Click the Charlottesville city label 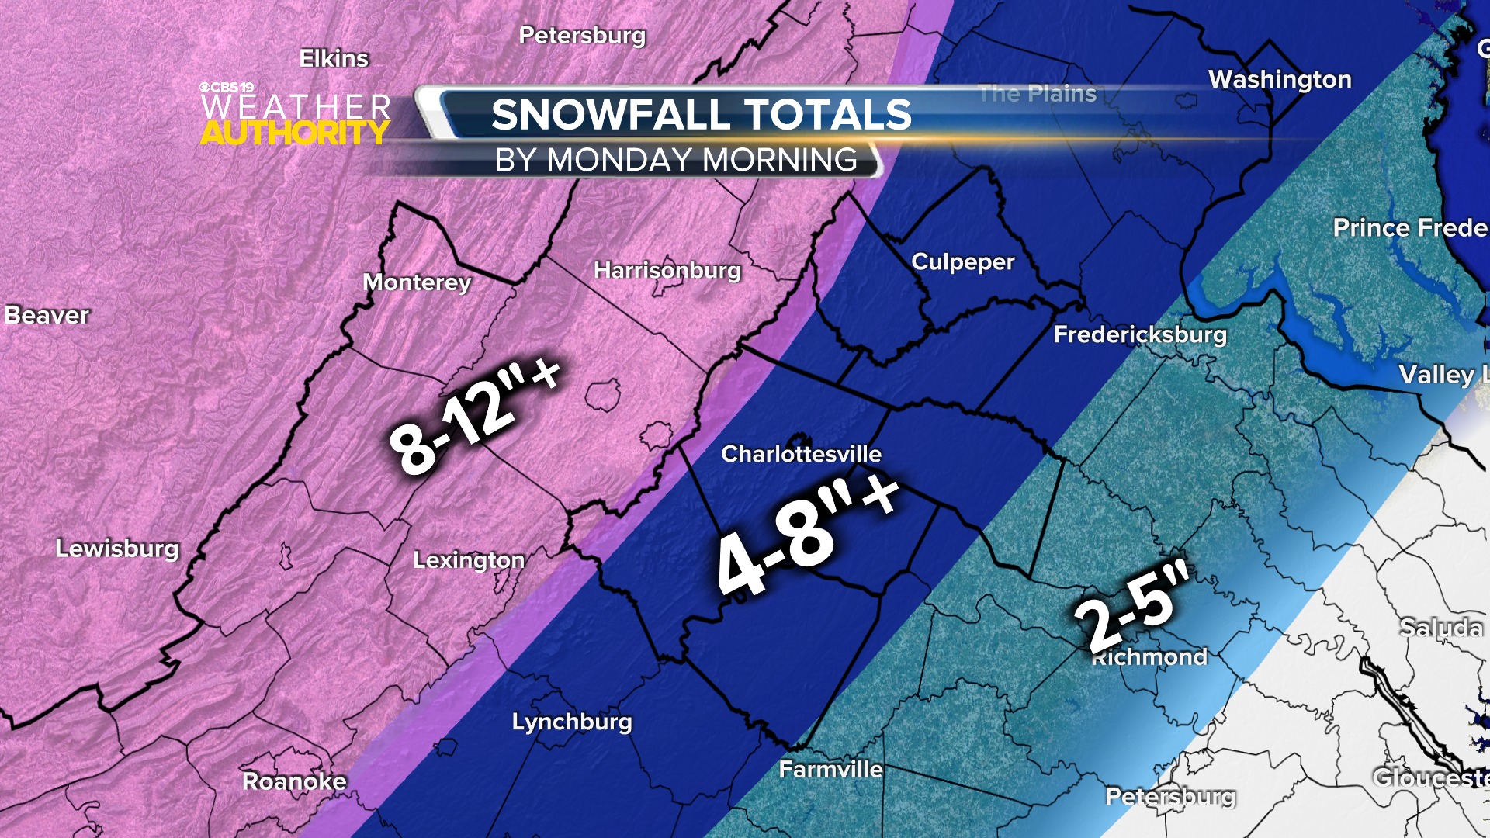point(801,454)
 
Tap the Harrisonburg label point(667,270)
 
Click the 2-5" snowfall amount point(1132,606)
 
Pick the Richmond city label point(1149,657)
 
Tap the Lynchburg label point(572,722)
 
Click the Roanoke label point(295,781)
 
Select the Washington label point(1280,79)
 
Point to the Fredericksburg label point(1140,334)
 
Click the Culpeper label point(962,262)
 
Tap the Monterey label point(417,282)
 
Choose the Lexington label point(469,560)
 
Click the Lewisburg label point(117,549)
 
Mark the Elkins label point(334,58)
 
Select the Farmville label point(830,770)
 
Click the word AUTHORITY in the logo point(295,133)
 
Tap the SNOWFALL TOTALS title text point(702,115)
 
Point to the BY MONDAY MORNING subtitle point(676,160)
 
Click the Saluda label point(1441,627)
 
